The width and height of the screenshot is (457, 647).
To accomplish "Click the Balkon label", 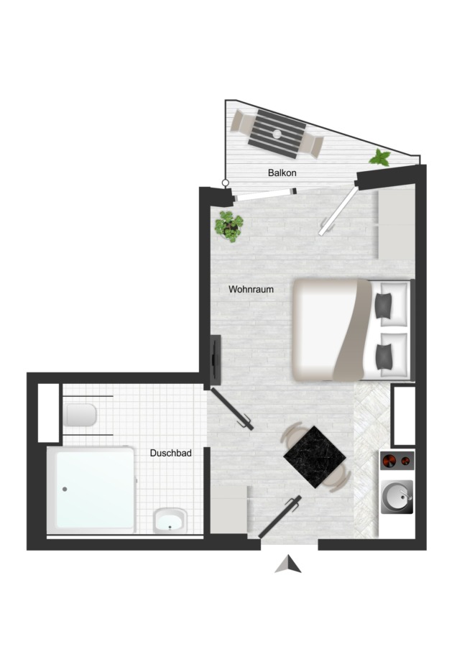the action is coord(282,173).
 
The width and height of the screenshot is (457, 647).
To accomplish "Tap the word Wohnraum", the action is coord(251,289).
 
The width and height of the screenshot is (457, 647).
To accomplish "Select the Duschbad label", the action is coord(171,453).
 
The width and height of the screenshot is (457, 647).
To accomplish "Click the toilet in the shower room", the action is coord(80,415).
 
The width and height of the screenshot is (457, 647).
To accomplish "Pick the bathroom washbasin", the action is coord(170,520).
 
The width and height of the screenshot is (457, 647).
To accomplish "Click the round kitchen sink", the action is coord(397,497).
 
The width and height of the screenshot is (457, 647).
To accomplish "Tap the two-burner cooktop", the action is coord(397,461).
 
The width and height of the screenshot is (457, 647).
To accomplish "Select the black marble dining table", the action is coord(315,456).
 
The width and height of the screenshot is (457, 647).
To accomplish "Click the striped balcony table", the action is coord(277,134).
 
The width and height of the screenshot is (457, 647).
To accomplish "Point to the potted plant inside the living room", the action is coord(229,226).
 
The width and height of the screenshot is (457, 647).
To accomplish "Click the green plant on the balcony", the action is coord(380,158).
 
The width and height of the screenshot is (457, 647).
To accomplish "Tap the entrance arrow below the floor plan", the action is coord(288,564).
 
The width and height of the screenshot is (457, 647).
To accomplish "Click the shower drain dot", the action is coord(65,490).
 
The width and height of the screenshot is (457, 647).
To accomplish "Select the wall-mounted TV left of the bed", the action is coord(216,359).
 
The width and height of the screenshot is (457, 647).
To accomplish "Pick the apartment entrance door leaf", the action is coord(280,517).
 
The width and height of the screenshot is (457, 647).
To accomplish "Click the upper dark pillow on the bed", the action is coord(383,305).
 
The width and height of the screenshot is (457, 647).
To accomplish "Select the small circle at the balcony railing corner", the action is coord(225,183).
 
